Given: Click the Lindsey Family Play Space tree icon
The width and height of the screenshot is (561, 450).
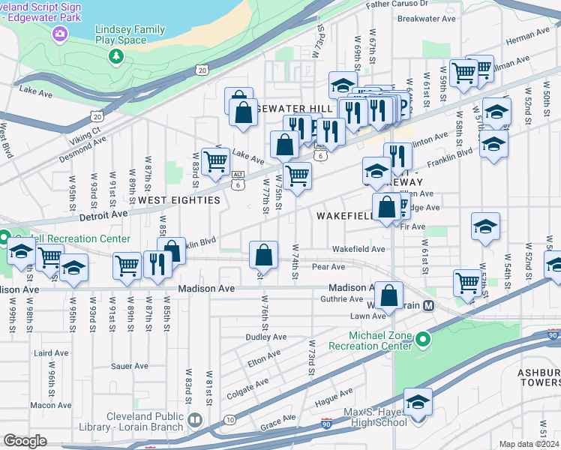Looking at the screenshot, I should tap(116, 56).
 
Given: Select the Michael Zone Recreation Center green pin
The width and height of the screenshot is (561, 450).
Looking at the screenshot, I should tap(423, 342).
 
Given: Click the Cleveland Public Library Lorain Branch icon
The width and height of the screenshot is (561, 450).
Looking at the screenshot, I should tap(196, 419).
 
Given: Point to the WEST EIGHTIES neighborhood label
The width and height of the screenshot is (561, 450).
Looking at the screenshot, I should tap(178, 200).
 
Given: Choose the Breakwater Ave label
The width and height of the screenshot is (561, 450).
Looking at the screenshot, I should tap(427, 18).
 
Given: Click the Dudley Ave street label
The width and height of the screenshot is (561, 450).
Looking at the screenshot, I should tap(266, 337).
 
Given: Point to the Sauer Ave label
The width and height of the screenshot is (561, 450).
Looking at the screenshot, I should tap(130, 366).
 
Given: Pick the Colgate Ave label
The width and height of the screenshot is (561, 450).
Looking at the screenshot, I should tap(247, 384).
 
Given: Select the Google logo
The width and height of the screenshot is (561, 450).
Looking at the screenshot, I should tap(25, 442).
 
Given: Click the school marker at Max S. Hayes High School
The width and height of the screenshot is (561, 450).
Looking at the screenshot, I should tap(418, 401).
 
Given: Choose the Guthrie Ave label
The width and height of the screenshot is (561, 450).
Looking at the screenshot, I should tap(341, 299).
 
